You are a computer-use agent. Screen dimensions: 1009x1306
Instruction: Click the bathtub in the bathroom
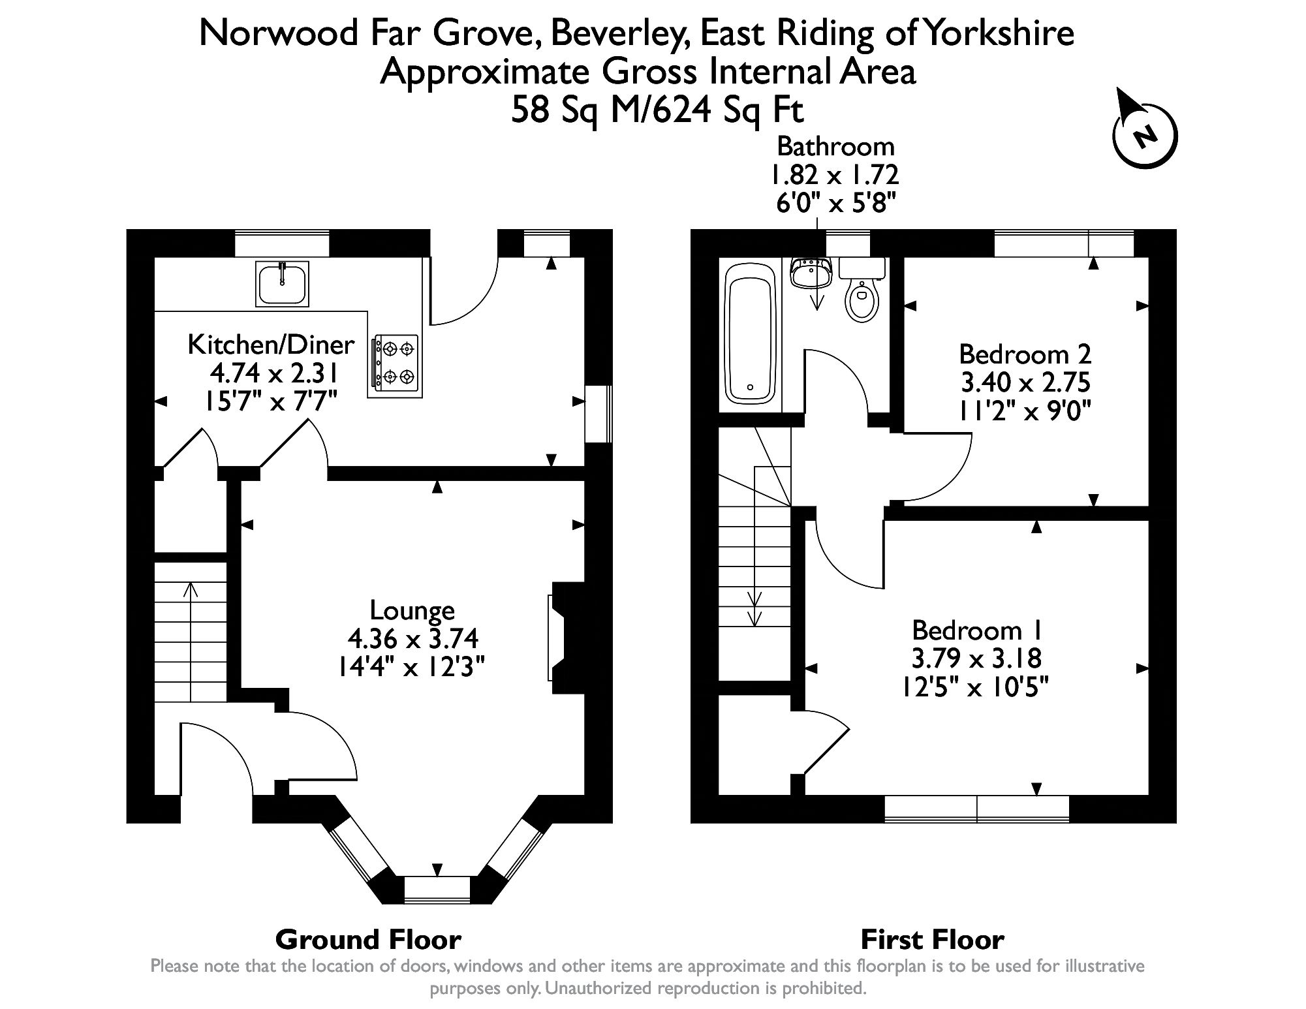(750, 339)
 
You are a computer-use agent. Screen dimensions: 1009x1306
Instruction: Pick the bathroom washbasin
(811, 273)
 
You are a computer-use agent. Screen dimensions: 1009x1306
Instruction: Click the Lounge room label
(412, 610)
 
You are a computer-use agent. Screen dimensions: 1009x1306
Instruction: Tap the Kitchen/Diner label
(271, 344)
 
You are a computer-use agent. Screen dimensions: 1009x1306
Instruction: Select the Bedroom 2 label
(1025, 354)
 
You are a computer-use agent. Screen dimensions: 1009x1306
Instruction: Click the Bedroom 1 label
(976, 630)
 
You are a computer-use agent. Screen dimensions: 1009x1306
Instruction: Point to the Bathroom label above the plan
(835, 146)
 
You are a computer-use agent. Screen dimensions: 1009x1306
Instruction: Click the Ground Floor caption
(368, 940)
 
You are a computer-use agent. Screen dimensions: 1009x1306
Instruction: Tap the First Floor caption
(932, 940)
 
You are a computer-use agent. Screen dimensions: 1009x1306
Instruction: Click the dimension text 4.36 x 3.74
(413, 638)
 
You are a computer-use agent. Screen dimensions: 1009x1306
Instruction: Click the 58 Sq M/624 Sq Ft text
(657, 110)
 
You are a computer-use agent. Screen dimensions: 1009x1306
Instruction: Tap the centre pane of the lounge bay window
(437, 890)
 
